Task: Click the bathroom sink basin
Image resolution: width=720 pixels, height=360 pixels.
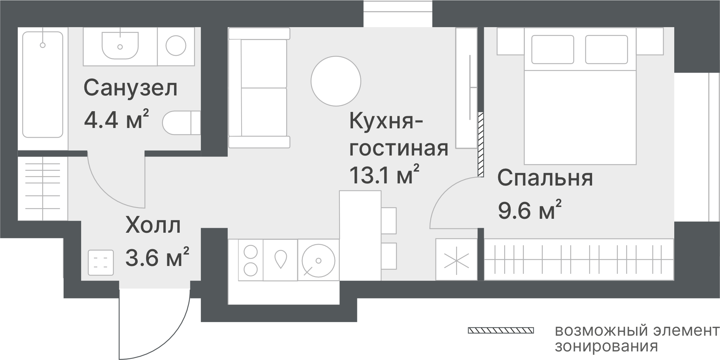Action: pos(120,45)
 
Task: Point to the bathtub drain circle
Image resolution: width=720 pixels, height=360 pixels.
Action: pos(43,45)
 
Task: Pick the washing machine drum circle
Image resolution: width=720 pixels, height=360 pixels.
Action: pos(176,45)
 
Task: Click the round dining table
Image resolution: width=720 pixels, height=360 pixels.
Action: pos(336,81)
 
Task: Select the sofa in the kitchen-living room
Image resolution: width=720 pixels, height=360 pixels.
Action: pos(259,88)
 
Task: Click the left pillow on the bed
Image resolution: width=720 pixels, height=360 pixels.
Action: pos(553,49)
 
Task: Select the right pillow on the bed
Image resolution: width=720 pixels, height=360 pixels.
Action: pos(606,49)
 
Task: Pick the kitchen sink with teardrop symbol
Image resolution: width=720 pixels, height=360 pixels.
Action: pos(280,260)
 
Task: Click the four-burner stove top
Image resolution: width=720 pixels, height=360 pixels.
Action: pos(250,260)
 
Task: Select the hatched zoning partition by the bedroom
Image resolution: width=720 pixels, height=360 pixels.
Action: pos(481,144)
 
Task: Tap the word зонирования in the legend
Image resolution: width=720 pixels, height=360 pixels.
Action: pos(606,346)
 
